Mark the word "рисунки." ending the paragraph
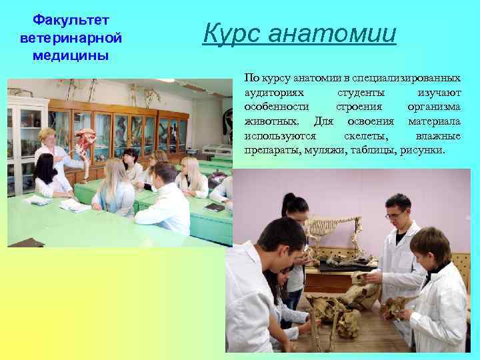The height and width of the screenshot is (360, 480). (421, 151)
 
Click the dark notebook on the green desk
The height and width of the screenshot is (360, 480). (215, 207)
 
